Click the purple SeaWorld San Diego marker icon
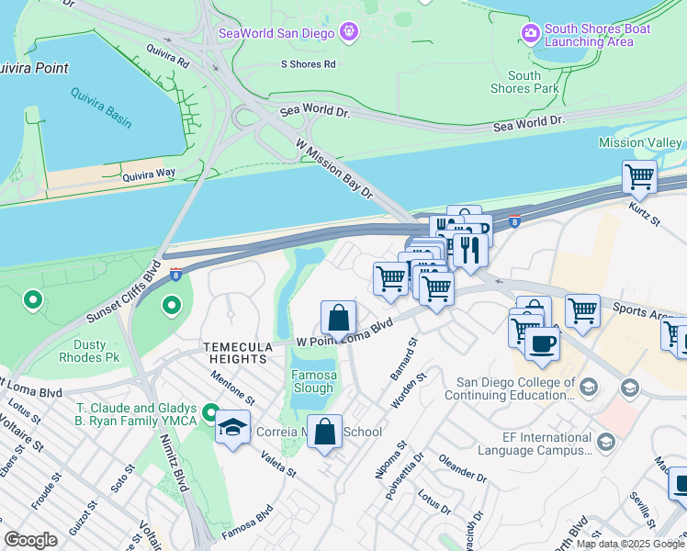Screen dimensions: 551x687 pos(348,34)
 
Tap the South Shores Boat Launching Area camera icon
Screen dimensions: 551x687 pos(530,34)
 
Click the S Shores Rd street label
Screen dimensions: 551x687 pos(309,64)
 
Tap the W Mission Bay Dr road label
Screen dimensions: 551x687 pos(333,170)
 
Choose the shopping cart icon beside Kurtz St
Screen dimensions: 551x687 pos(639,176)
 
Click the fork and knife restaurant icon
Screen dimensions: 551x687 pos(470,250)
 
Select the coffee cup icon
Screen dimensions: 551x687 pos(542,344)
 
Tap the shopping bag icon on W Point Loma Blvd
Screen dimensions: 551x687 pos(338,318)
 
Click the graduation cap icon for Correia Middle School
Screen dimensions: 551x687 pos(232,428)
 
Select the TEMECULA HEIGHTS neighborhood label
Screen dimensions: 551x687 pos(242,347)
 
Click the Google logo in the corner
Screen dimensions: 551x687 pos(31,540)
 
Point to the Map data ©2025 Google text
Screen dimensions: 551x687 pos(629,544)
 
